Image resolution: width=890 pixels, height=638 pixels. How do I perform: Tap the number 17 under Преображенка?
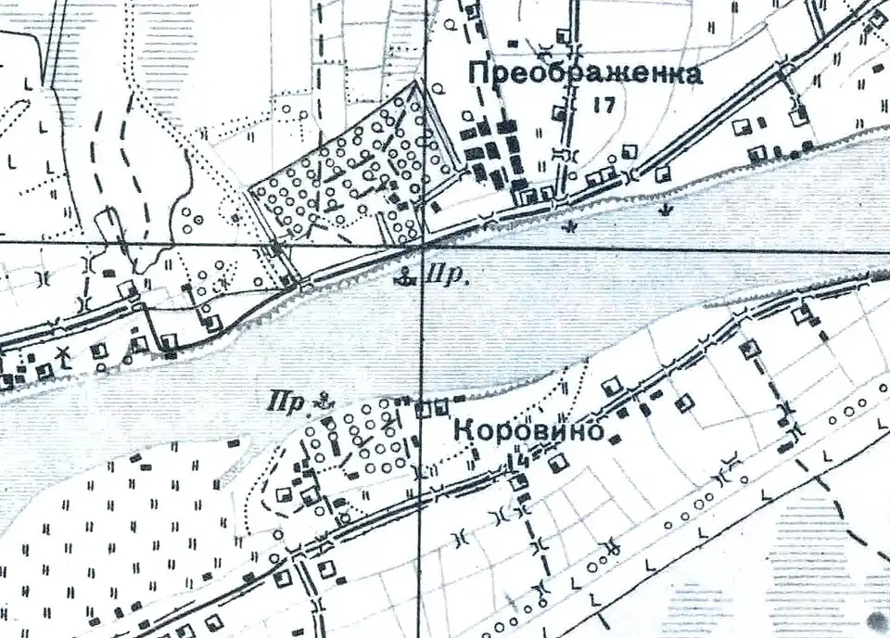pyautogui.click(x=604, y=104)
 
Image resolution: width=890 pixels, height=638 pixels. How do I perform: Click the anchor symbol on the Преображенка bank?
pyautogui.click(x=405, y=274)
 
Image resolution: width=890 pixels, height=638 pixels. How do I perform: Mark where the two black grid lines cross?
pyautogui.click(x=422, y=246)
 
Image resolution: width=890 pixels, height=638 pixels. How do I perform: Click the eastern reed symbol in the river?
pyautogui.click(x=663, y=211)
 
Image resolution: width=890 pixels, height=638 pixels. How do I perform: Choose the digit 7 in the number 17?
pyautogui.click(x=609, y=104)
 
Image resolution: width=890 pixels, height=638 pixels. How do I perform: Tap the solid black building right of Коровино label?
pyautogui.click(x=614, y=437)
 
